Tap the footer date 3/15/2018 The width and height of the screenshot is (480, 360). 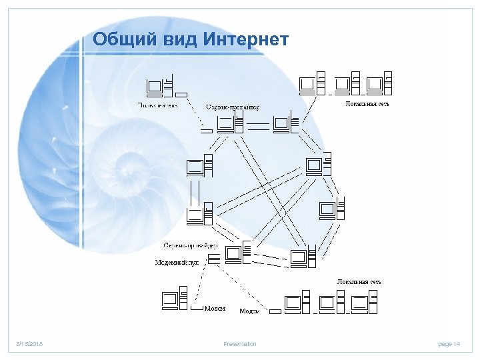pos(29,344)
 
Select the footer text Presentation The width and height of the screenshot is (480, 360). pos(239,344)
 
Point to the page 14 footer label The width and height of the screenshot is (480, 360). pos(449,344)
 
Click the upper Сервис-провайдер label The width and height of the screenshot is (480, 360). pos(233,107)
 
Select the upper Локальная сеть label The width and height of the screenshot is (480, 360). pos(367,104)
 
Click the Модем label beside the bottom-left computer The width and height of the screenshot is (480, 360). pos(215,309)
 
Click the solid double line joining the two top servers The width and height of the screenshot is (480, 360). pos(260,124)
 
